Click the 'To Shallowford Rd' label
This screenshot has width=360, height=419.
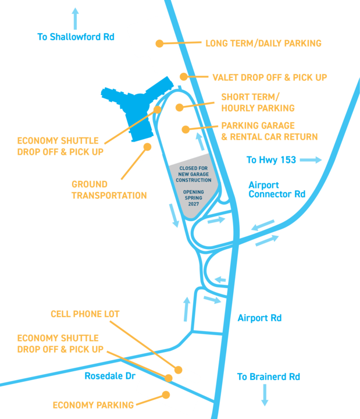tap(76, 37)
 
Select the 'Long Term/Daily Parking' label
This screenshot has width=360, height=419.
tap(263, 43)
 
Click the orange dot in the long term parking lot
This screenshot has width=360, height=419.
tap(159, 43)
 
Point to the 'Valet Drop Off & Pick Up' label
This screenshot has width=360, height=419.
tap(269, 76)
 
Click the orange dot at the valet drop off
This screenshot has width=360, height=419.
tap(184, 76)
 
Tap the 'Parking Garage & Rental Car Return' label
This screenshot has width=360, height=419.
tap(269, 131)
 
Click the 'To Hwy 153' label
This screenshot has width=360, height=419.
tap(272, 159)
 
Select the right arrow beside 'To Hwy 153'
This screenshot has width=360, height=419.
tap(311, 159)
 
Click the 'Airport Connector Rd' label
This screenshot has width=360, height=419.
tap(276, 190)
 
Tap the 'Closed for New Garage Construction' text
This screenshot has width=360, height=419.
tap(198, 174)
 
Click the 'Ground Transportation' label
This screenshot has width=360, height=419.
tap(109, 190)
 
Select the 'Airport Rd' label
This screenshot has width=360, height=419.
tap(259, 318)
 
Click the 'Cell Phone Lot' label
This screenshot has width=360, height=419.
tap(85, 314)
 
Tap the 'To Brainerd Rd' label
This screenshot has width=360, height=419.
tap(268, 377)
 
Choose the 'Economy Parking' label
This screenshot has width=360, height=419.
tap(93, 404)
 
